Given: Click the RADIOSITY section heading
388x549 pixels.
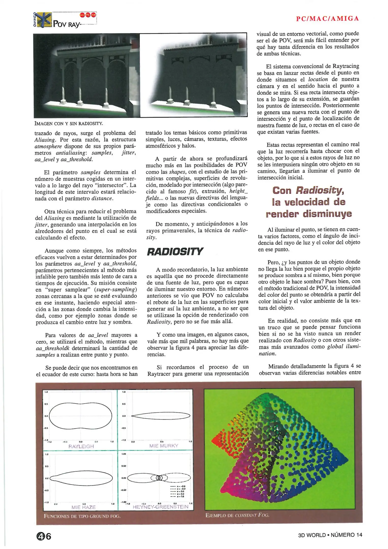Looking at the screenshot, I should tap(175, 251).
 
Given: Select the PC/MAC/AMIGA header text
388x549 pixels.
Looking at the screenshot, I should tap(328, 19).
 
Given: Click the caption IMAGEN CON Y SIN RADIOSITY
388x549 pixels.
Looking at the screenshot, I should tap(69, 124).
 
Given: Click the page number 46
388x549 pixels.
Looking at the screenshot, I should tap(43, 537).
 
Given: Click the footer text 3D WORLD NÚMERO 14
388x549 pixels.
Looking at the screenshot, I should tap(330, 535).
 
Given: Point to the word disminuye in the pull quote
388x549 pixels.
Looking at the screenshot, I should tap(327, 214).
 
